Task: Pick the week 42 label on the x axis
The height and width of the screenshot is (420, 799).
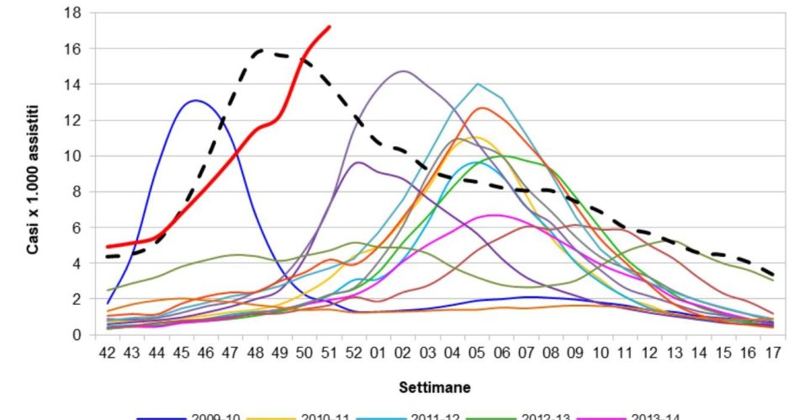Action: (x=108, y=354)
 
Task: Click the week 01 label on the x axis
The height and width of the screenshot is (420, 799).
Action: (x=380, y=354)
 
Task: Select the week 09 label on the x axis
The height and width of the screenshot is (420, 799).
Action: (x=577, y=354)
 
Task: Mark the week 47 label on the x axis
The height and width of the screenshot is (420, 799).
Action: (x=230, y=354)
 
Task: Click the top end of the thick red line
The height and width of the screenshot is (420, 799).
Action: (x=329, y=27)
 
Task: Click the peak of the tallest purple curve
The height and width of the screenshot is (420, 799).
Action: (x=405, y=71)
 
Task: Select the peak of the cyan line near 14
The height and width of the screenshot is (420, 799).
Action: (x=478, y=84)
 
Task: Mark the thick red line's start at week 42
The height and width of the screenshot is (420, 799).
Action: (x=108, y=247)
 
